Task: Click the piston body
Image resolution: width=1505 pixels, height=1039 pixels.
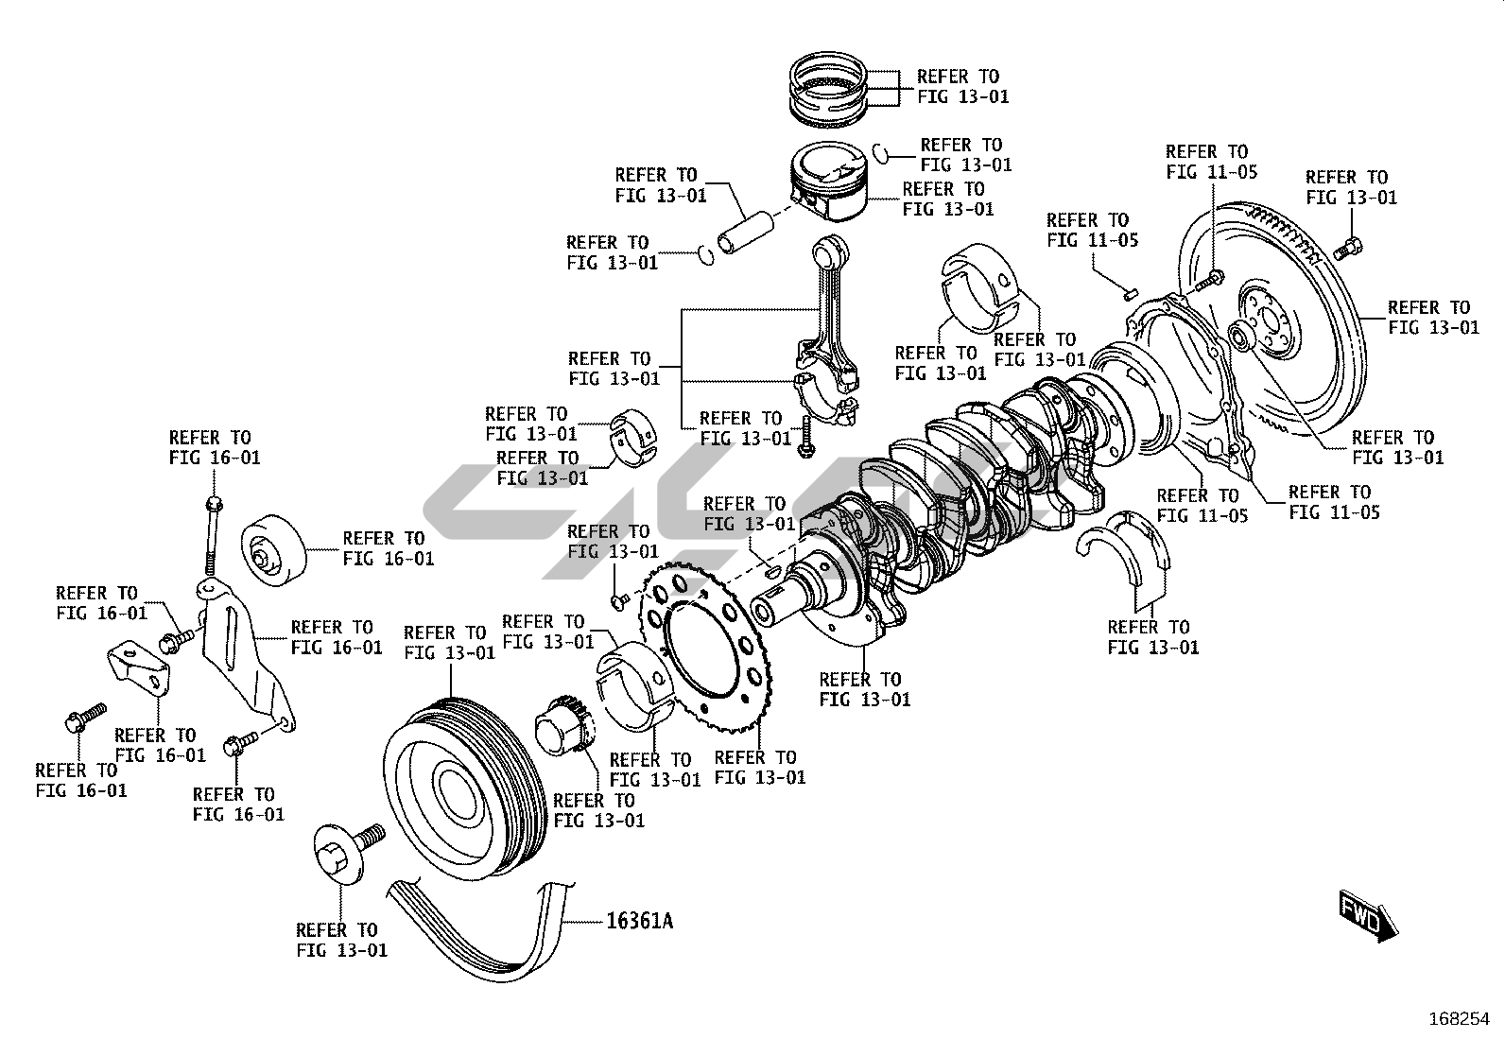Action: pos(826,188)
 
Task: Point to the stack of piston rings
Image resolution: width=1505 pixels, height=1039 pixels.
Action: pos(830,90)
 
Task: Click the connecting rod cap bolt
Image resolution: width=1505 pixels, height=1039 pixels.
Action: pos(804,436)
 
